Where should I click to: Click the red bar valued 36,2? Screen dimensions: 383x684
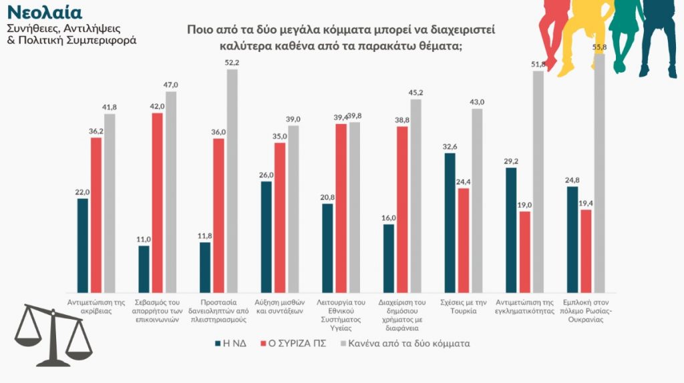96,214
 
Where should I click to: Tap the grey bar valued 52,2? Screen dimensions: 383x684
232,180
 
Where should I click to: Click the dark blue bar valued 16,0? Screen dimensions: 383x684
389,258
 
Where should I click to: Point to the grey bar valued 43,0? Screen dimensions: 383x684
476,200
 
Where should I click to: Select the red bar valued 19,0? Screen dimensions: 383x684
525,252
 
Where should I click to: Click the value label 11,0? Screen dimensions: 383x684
144,239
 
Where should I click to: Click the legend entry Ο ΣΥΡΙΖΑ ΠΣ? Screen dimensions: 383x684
300,344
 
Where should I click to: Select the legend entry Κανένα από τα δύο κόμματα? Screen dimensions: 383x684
405,344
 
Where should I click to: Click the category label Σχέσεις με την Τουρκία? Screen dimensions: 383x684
464,306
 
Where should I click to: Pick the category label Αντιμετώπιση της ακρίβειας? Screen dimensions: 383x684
96,306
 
